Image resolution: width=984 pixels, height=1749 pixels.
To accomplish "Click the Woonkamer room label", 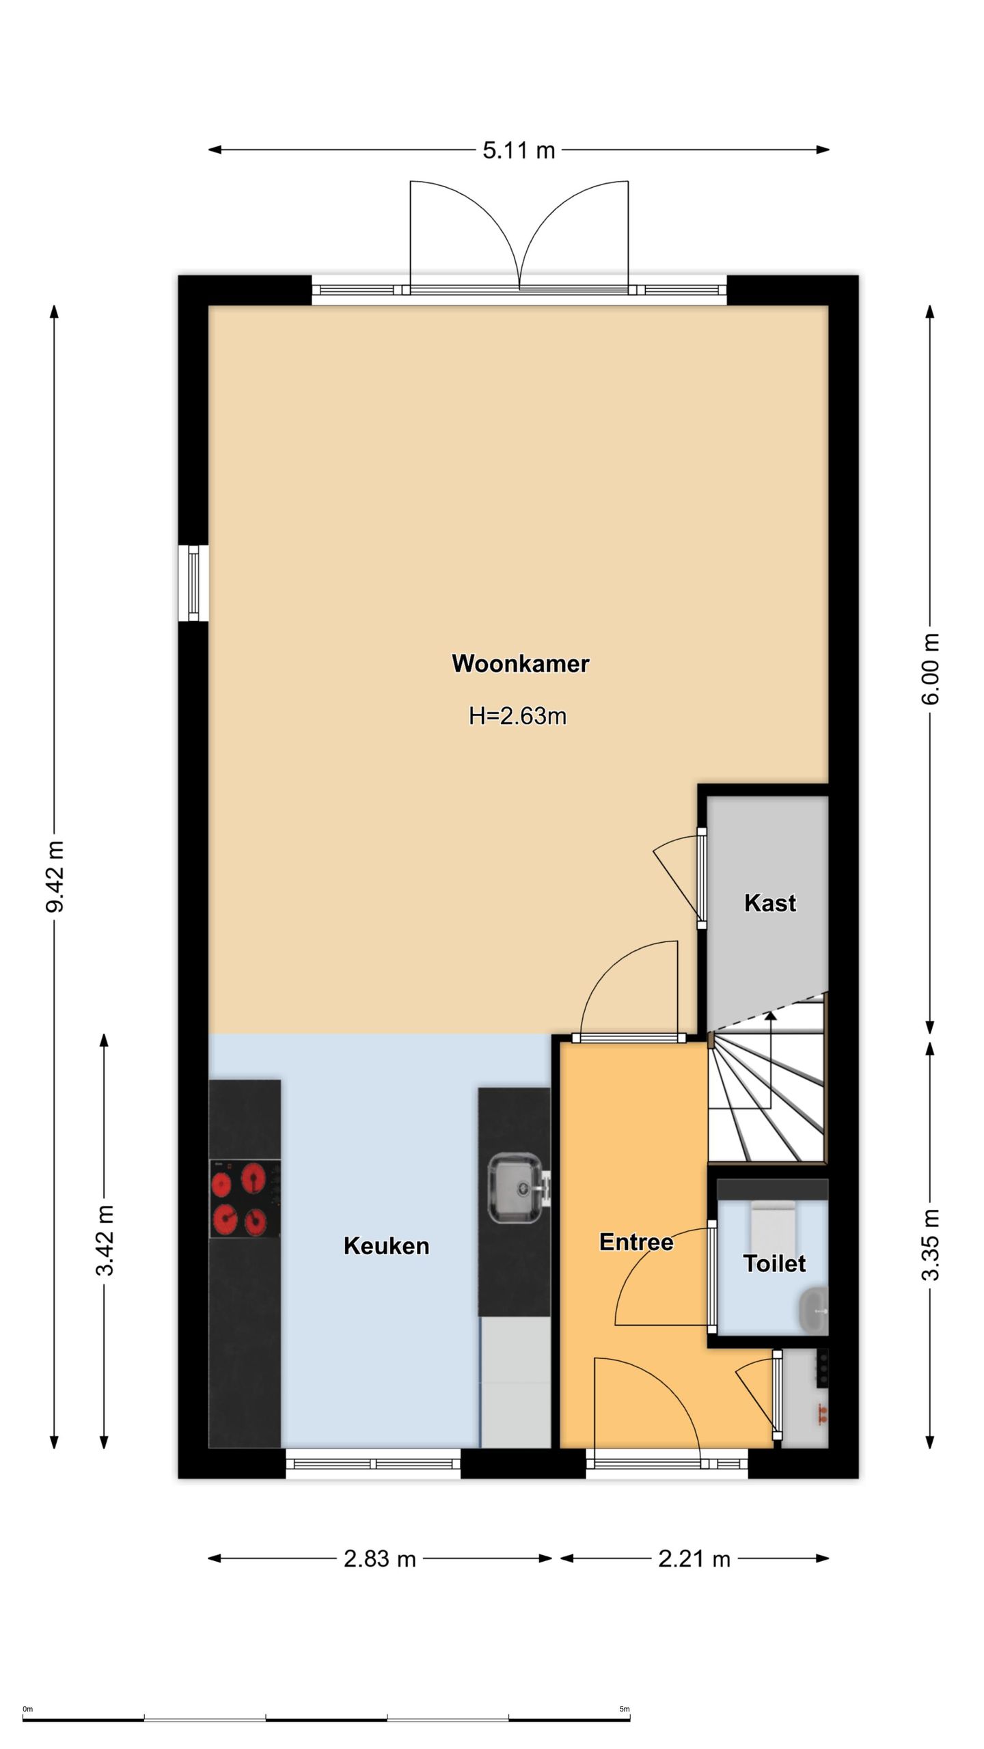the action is [x=520, y=663].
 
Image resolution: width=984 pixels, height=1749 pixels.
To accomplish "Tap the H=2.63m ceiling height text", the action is [x=517, y=716].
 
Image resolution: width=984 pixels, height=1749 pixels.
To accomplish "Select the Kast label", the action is [x=770, y=903].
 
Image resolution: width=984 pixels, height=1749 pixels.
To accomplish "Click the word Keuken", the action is [x=386, y=1245].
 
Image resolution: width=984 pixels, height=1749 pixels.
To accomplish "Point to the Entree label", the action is [x=636, y=1241].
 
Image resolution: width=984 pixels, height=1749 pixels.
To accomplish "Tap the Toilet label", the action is [x=774, y=1263].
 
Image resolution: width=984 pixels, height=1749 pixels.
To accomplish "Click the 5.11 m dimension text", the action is [x=519, y=150].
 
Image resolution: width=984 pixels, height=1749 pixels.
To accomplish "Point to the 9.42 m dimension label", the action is [x=55, y=877].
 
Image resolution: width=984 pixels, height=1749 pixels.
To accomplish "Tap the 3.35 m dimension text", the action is [x=930, y=1245].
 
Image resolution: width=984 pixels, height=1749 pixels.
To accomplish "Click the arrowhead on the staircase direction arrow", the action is [x=771, y=1016].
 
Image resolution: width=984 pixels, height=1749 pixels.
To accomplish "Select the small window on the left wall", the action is [x=193, y=583].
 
